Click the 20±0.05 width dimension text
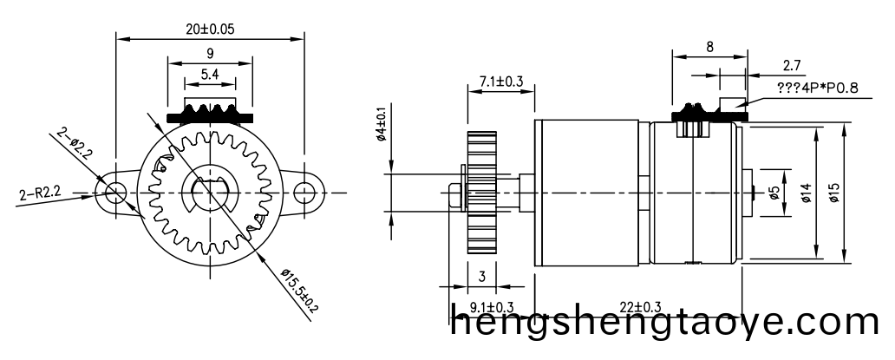coord(210,29)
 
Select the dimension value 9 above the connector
coord(210,54)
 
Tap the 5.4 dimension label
coord(210,75)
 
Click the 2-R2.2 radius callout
coord(38,192)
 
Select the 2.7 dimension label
coord(792,64)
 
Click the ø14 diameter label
coord(806,193)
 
